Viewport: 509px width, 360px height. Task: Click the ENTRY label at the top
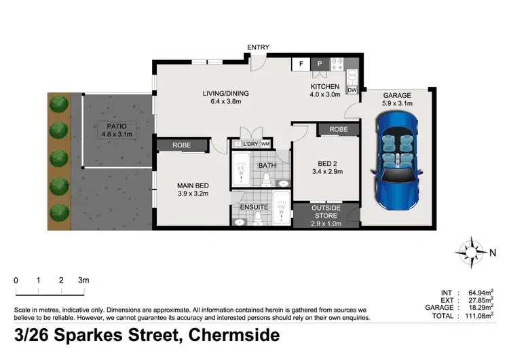pyautogui.click(x=258, y=48)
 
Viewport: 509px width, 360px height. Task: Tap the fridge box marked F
pyautogui.click(x=300, y=65)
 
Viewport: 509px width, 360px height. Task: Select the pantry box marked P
pyautogui.click(x=320, y=65)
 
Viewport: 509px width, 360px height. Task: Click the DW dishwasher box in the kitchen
pyautogui.click(x=352, y=90)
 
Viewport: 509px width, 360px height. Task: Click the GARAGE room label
pyautogui.click(x=397, y=96)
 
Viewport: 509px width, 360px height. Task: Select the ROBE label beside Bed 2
pyautogui.click(x=339, y=129)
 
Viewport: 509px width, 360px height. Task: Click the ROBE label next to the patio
pyautogui.click(x=181, y=145)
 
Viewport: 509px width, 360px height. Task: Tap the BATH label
pyautogui.click(x=266, y=164)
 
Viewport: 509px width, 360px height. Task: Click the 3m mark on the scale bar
pyautogui.click(x=83, y=280)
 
